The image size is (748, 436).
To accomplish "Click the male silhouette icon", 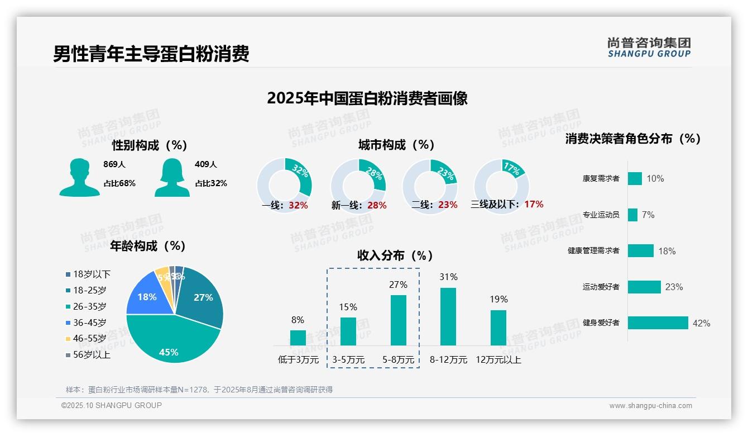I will pyautogui.click(x=79, y=177).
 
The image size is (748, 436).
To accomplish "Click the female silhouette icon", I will pyautogui.click(x=172, y=177).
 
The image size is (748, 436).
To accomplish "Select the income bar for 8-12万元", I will pyautogui.click(x=448, y=316).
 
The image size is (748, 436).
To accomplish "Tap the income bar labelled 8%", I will pyautogui.click(x=298, y=338).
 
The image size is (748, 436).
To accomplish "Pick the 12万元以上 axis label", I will pyautogui.click(x=498, y=360).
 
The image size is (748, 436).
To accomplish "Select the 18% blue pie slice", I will pyautogui.click(x=146, y=296).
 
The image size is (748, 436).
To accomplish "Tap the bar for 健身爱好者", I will pyautogui.click(x=658, y=323).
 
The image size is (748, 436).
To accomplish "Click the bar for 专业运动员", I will pyautogui.click(x=632, y=215).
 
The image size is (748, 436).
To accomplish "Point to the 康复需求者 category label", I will pyautogui.click(x=601, y=179).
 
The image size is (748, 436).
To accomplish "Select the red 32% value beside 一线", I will pyautogui.click(x=298, y=206).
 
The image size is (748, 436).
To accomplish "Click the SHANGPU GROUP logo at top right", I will pyautogui.click(x=649, y=48).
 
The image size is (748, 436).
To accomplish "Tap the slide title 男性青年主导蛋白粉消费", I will pyautogui.click(x=151, y=54).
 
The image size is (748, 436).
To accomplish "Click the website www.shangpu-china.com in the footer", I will pyautogui.click(x=650, y=406).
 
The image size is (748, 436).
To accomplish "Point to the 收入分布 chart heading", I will pyautogui.click(x=395, y=255).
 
